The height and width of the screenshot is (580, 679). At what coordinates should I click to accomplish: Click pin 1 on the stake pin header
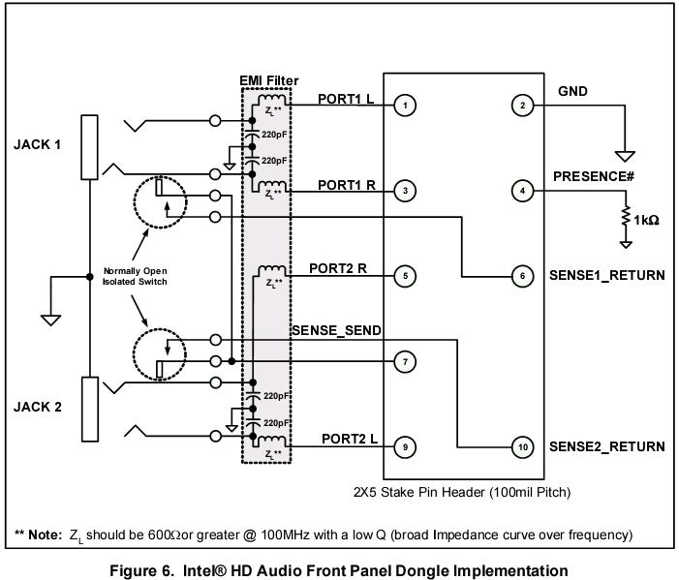click(x=406, y=105)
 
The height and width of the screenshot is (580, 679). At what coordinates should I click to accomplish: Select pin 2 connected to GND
click(x=523, y=105)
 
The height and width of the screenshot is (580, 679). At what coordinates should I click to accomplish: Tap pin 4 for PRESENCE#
click(x=523, y=191)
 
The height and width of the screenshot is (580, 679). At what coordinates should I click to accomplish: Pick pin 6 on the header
click(x=523, y=276)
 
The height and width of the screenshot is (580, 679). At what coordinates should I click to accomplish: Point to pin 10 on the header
click(x=523, y=447)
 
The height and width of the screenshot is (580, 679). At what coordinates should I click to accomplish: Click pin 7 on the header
click(x=406, y=362)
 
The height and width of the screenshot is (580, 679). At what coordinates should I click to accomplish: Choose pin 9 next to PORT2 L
click(x=406, y=447)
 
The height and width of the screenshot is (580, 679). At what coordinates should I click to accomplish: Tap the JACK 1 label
click(x=38, y=145)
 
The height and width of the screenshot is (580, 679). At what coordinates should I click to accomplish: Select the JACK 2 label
click(x=38, y=407)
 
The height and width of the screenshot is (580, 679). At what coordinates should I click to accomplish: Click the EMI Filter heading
click(x=268, y=80)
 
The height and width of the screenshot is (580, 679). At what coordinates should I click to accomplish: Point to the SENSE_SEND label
click(x=336, y=331)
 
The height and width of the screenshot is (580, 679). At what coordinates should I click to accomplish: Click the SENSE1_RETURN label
click(x=607, y=276)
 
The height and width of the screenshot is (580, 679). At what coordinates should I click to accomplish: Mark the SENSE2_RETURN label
click(x=607, y=447)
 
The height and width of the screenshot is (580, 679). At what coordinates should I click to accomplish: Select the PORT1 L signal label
click(x=346, y=99)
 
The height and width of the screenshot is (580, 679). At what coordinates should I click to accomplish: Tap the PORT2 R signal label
click(x=338, y=267)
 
